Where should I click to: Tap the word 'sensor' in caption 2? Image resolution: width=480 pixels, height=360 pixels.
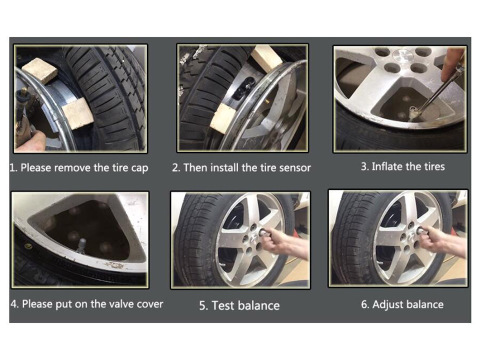coord(295,168)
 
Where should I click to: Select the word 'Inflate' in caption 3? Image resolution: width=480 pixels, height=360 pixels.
coord(387,166)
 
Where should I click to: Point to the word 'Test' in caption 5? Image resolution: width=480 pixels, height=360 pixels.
coord(223,306)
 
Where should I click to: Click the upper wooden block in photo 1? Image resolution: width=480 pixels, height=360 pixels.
coord(40,70)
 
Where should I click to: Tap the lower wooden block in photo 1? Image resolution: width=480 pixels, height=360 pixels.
coord(77,114)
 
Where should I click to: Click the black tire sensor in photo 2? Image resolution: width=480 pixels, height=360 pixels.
coord(244,88)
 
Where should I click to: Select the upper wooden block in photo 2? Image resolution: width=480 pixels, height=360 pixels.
coord(266,57)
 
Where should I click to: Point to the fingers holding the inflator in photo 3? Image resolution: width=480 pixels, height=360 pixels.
coord(452,65)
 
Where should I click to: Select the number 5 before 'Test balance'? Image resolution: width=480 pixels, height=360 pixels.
coord(202,306)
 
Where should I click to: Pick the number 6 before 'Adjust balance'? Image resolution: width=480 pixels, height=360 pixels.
coord(364,305)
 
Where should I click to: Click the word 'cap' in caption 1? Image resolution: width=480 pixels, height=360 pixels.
coord(140,169)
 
